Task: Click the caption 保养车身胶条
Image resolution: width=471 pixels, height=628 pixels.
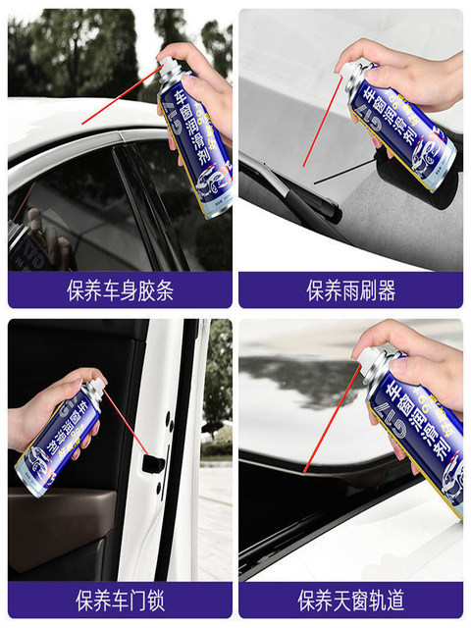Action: (120, 291)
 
